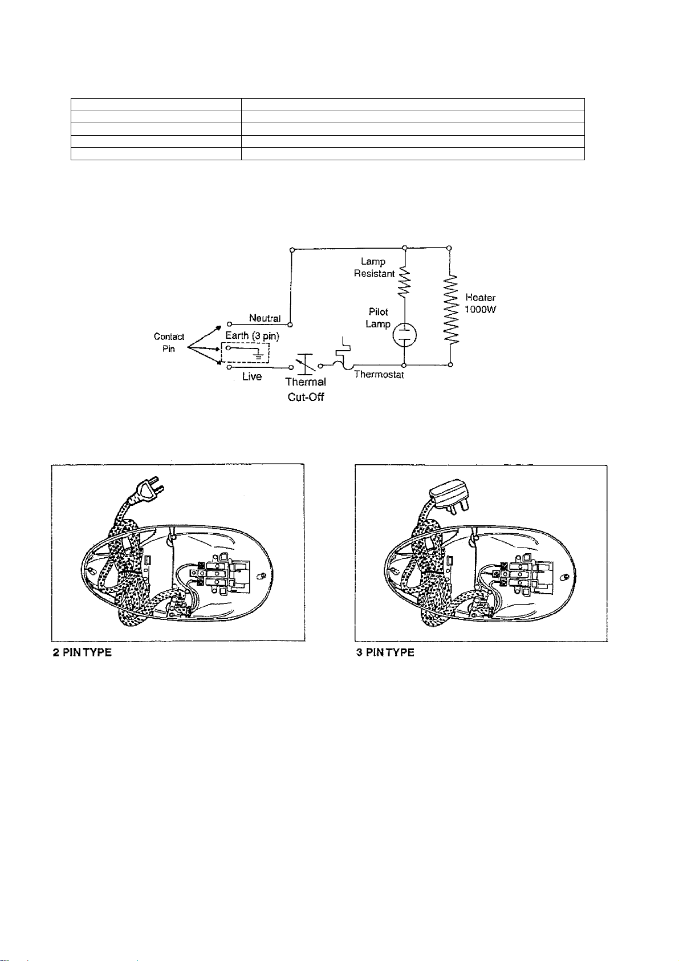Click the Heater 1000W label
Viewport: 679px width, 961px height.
481,303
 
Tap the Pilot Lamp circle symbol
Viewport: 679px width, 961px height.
404,335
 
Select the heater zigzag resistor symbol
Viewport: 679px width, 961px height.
450,309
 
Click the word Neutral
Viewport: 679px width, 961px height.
265,318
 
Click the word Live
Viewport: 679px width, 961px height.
252,376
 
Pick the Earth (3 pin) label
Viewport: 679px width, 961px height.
252,335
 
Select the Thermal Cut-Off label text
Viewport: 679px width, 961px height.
306,389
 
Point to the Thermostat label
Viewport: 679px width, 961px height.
379,375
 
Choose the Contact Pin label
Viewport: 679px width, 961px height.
169,342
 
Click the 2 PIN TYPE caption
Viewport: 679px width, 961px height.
82,652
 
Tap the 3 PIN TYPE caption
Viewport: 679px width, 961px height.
385,652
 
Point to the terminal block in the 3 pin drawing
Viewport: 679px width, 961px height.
521,574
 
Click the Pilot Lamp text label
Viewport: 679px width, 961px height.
378,318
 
